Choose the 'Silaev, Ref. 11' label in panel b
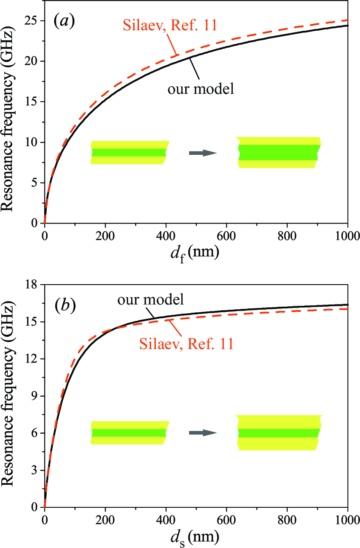[x=186, y=344]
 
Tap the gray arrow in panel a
[x=202, y=153]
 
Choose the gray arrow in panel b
[x=202, y=433]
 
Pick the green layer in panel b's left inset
[x=129, y=433]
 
